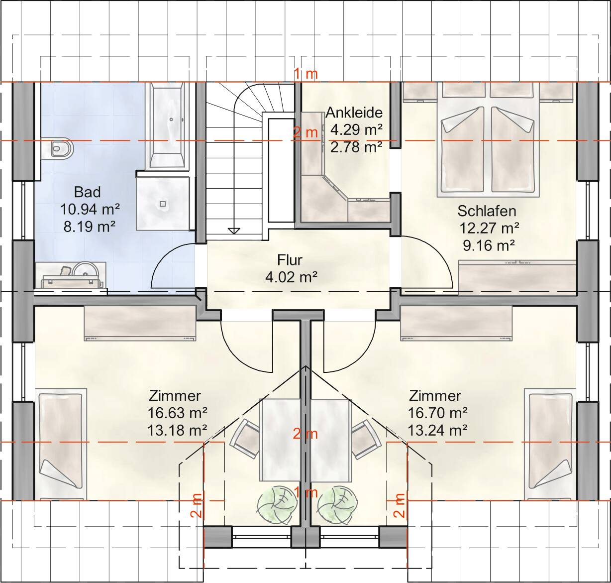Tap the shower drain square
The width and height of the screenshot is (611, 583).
click(x=163, y=204)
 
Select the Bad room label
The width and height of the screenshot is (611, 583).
click(x=88, y=192)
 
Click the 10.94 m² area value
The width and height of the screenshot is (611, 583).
click(x=90, y=209)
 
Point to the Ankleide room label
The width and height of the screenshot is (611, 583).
click(x=354, y=113)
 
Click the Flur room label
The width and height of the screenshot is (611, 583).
click(x=290, y=260)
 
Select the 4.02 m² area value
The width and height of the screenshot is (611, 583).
click(x=291, y=277)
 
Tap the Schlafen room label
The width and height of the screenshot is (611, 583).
click(x=487, y=211)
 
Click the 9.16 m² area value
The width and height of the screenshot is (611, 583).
click(x=489, y=245)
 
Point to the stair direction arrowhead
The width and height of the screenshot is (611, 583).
click(x=234, y=231)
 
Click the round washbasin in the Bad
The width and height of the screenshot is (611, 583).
click(x=86, y=272)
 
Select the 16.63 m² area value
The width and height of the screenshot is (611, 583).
click(x=177, y=413)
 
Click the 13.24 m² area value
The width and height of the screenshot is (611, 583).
click(x=437, y=431)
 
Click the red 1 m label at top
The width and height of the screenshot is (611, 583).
click(x=306, y=74)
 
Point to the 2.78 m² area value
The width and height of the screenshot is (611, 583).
click(x=356, y=147)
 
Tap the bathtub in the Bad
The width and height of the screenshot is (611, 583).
click(x=169, y=126)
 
